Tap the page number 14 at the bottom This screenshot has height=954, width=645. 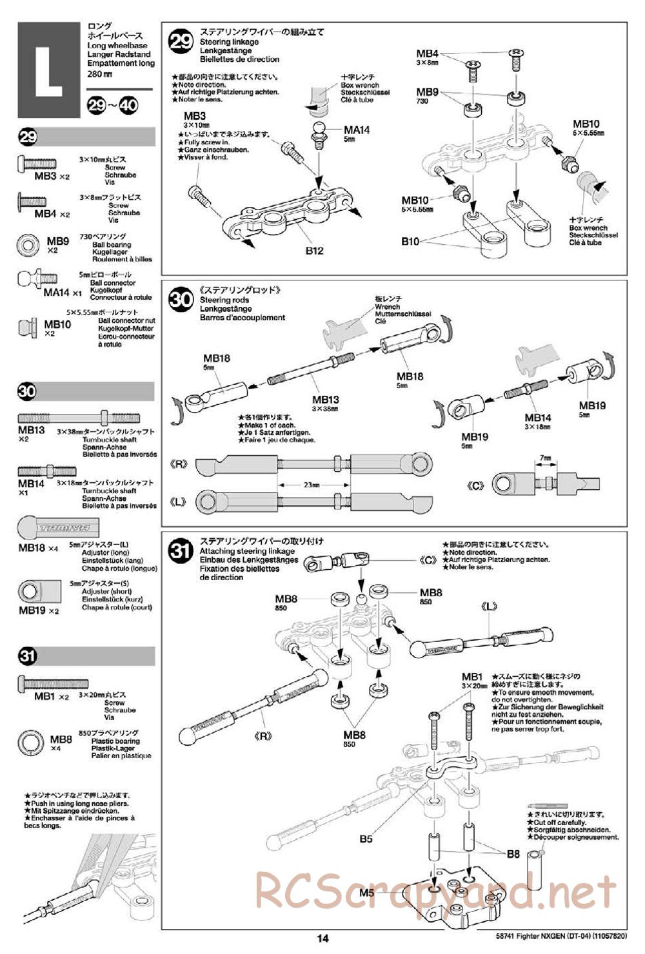[x=322, y=938]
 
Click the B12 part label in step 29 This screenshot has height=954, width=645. [x=314, y=251]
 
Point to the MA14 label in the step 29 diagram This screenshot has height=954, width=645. [x=357, y=130]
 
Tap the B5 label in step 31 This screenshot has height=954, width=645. [x=366, y=839]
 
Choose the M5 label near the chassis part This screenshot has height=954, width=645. [x=367, y=893]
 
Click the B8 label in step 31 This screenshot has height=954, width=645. [x=513, y=853]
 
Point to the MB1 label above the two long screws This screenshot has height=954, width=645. [x=471, y=677]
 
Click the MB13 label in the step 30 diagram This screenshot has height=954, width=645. [x=325, y=400]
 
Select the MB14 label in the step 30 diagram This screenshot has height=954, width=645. [x=538, y=418]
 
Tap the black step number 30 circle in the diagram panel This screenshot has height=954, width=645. [x=181, y=300]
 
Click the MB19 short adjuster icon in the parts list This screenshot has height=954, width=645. [x=30, y=592]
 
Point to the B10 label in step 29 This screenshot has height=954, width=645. [x=410, y=241]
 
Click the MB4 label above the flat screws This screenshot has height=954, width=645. [x=427, y=54]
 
